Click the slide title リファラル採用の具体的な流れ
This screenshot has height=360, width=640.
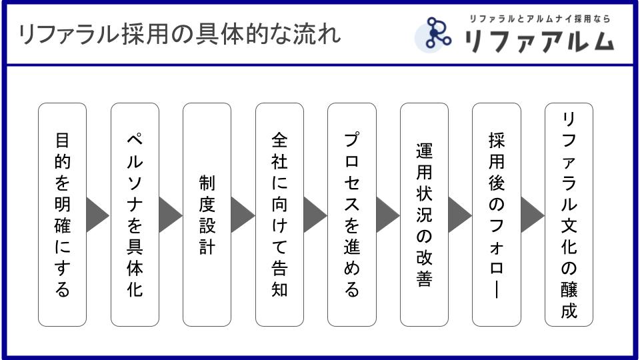(x=180, y=34)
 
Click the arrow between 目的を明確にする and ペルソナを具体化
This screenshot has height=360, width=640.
(x=97, y=215)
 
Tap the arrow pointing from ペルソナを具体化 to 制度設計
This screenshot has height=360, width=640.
(x=169, y=215)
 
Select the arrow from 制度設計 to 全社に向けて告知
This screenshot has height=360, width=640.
(x=241, y=215)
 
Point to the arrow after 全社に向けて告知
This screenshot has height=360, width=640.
(x=314, y=215)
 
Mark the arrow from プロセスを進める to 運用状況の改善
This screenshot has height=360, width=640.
(x=386, y=215)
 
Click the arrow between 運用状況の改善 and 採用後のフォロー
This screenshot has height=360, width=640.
(x=459, y=215)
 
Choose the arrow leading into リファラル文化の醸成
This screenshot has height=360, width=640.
(x=531, y=215)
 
